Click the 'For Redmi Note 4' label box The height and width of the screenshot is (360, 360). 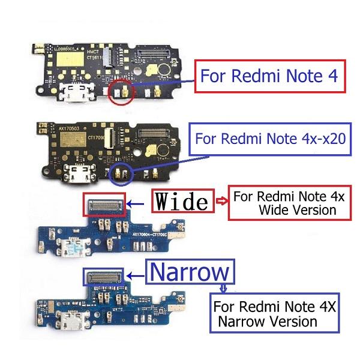click(270, 76)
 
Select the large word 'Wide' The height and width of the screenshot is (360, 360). click(182, 202)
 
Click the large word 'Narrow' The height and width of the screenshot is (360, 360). click(188, 272)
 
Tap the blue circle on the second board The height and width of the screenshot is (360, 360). click(123, 172)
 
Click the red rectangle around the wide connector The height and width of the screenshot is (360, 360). click(104, 205)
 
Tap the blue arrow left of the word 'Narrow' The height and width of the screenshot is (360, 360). click(136, 276)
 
